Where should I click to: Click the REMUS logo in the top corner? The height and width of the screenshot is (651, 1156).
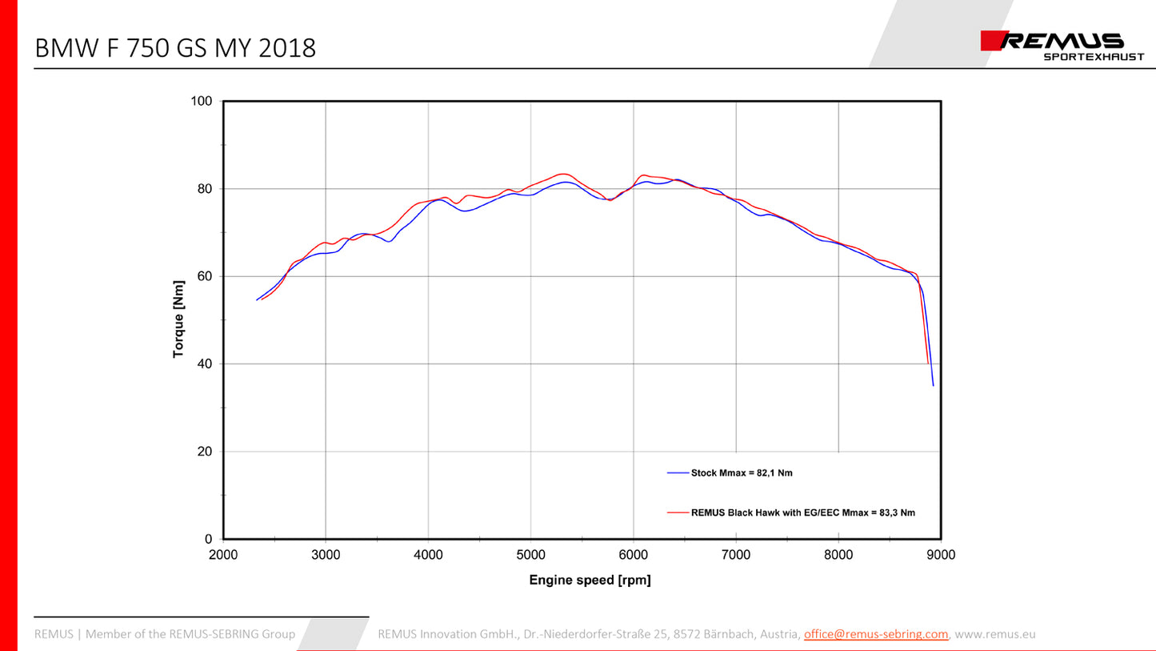click(1053, 41)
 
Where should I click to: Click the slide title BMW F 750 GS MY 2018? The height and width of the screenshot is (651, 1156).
click(175, 49)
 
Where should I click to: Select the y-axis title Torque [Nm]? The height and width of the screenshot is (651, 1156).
click(178, 320)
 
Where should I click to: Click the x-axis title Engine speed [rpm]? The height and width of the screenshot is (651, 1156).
click(590, 581)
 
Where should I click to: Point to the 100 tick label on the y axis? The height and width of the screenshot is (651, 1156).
click(201, 102)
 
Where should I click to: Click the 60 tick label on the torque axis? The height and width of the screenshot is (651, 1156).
click(204, 277)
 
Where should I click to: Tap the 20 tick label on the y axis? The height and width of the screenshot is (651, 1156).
click(204, 452)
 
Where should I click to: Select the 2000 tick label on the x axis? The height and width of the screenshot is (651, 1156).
click(223, 555)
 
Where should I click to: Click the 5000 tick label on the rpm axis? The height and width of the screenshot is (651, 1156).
click(530, 555)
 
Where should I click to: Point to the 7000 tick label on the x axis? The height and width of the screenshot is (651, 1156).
click(736, 555)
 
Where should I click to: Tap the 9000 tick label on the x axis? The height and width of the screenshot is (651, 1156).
click(941, 555)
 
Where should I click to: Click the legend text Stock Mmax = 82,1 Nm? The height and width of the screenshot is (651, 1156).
click(742, 473)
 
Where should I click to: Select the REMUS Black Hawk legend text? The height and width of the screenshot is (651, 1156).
click(802, 512)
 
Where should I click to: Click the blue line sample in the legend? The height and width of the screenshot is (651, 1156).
click(678, 473)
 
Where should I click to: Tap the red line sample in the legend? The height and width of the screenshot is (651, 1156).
click(678, 512)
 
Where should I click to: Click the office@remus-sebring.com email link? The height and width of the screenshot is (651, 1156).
click(876, 634)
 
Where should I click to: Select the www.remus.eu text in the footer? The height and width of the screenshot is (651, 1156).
click(995, 634)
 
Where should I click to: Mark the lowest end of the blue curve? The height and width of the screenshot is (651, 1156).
click(933, 385)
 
